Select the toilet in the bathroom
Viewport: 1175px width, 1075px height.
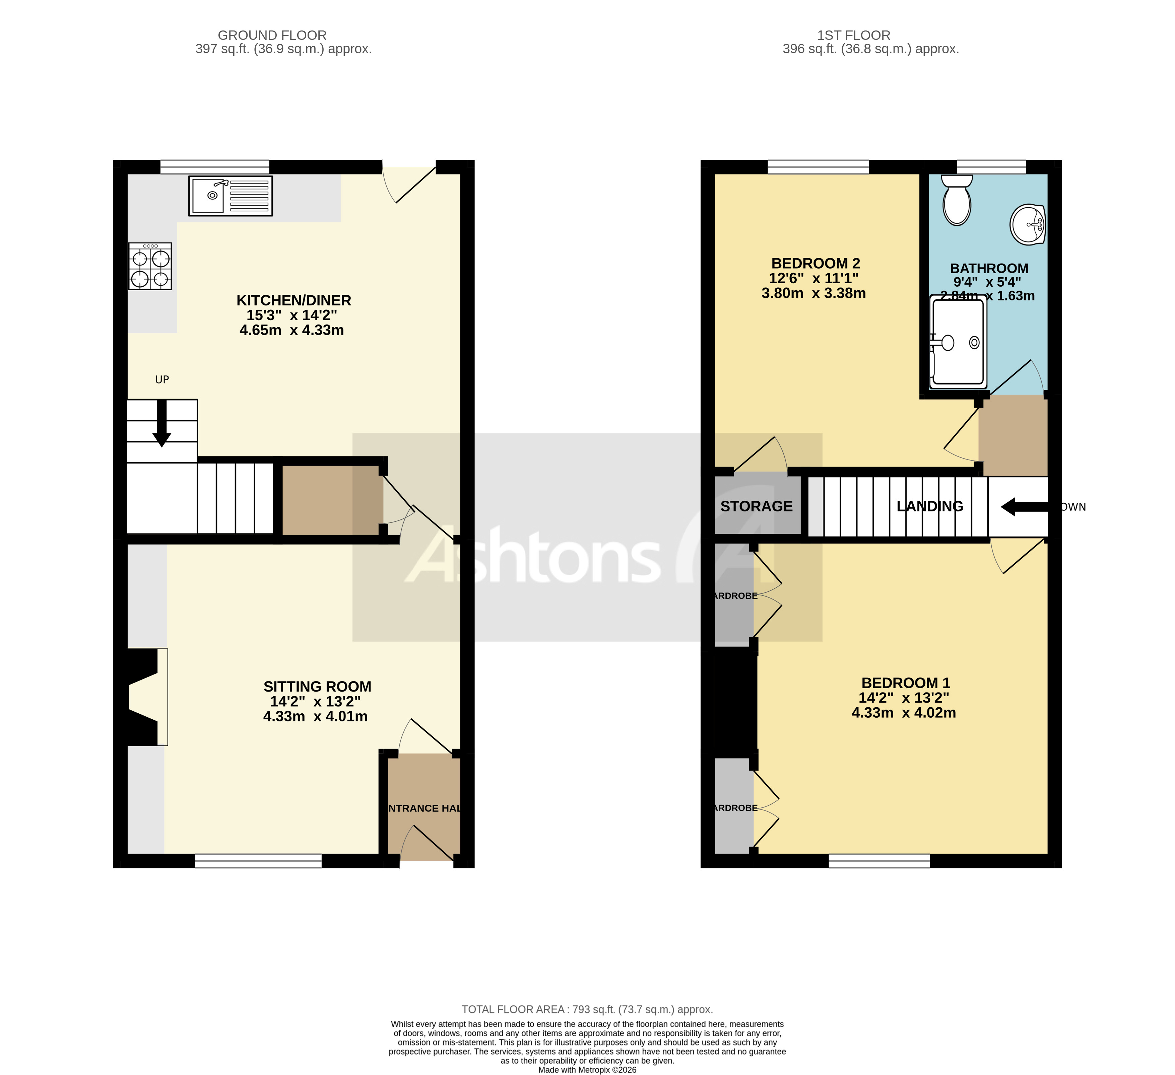(x=957, y=200)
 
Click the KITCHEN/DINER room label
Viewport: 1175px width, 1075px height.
(x=294, y=301)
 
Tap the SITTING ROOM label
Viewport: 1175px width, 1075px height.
(x=317, y=687)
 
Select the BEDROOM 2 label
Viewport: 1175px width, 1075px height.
(x=815, y=263)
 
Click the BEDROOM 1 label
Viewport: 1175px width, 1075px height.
(x=906, y=683)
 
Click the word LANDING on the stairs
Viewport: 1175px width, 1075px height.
(x=930, y=506)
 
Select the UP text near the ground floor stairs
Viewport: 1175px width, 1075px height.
(x=162, y=380)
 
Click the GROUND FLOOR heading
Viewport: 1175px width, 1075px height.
(x=272, y=35)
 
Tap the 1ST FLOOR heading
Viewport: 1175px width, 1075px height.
(x=853, y=35)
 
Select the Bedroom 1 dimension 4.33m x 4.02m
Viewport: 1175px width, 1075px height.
(x=903, y=713)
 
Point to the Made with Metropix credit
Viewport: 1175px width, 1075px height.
(x=587, y=1070)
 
